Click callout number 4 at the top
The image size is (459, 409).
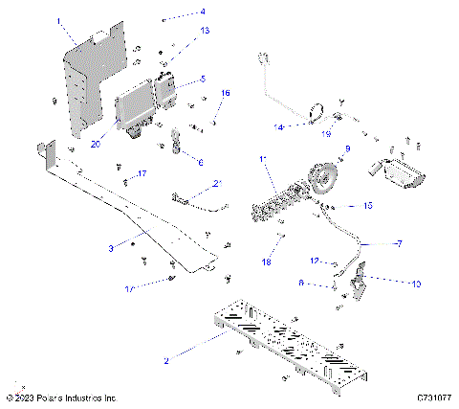[x=202, y=12]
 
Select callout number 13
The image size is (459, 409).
[x=204, y=32]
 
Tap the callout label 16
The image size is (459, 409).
[x=226, y=93]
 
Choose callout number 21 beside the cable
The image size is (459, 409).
[x=217, y=183]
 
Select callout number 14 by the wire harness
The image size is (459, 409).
[x=279, y=126]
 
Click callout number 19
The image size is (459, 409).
[x=327, y=135]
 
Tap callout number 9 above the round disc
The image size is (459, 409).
[x=347, y=148]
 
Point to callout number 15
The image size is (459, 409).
[x=369, y=206]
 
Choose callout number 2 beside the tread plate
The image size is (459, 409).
[x=165, y=360]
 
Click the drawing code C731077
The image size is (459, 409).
[x=432, y=397]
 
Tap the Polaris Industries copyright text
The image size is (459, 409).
[x=61, y=397]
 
